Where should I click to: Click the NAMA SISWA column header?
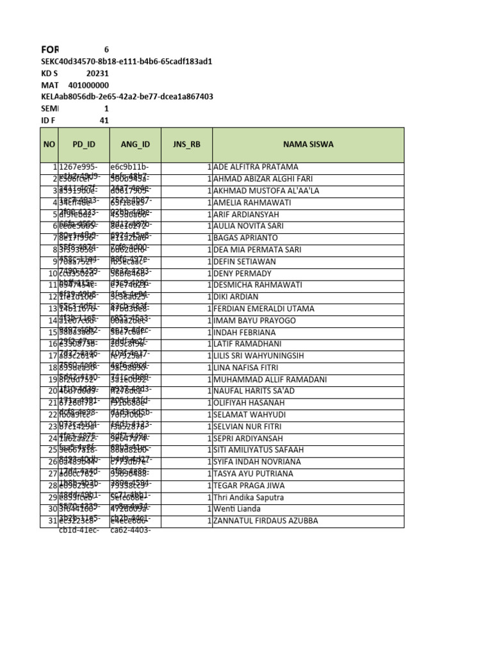[308, 144]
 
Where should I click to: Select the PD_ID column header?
[83, 144]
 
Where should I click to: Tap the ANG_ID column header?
[135, 144]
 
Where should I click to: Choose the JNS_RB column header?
[186, 144]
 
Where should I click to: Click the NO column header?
[49, 144]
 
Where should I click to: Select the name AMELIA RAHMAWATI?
[252, 202]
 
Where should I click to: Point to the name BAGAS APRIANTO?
[246, 238]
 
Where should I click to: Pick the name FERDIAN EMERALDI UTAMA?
[264, 309]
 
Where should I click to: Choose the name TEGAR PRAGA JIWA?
[250, 486]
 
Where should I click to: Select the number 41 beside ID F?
[104, 120]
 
